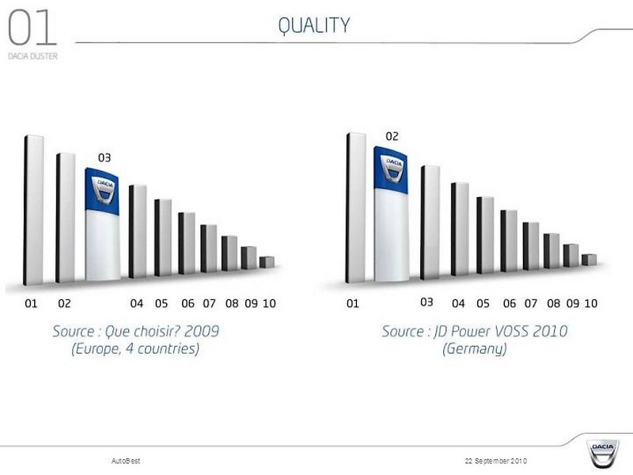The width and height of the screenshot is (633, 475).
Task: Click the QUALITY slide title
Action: click(x=313, y=26)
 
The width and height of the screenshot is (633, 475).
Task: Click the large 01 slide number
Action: click(x=32, y=28)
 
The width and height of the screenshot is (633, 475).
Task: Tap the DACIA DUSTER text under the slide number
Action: click(x=32, y=56)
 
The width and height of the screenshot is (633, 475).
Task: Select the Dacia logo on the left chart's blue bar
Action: click(x=103, y=189)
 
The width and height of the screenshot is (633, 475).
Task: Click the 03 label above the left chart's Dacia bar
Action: click(x=104, y=158)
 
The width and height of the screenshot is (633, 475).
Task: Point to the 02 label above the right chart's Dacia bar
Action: click(x=392, y=136)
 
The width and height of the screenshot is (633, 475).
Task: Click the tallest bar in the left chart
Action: click(x=33, y=210)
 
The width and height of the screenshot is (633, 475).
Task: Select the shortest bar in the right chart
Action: click(x=589, y=260)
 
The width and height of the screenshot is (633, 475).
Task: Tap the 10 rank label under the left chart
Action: click(x=269, y=303)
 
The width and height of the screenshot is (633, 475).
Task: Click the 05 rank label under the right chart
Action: click(x=483, y=303)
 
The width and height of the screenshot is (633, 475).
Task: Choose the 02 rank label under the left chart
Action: click(x=64, y=303)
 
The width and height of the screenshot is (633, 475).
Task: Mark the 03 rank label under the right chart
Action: click(x=426, y=302)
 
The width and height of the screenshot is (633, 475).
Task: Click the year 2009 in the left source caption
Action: click(x=202, y=331)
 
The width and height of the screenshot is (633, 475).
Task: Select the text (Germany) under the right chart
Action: click(x=474, y=348)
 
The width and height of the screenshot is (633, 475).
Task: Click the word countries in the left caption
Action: click(x=169, y=348)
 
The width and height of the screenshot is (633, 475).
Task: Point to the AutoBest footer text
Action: click(x=126, y=461)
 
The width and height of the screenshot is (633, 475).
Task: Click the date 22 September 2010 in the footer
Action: click(x=496, y=461)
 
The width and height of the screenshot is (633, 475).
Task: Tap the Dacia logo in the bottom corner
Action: click(x=602, y=453)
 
